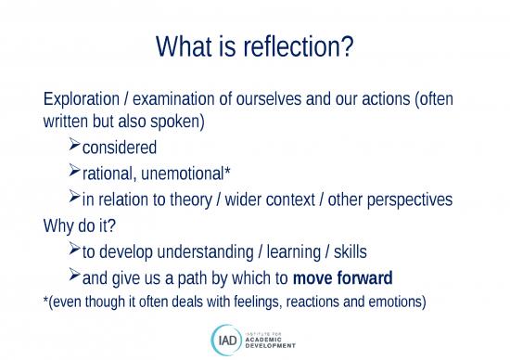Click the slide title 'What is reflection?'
[255, 45]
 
